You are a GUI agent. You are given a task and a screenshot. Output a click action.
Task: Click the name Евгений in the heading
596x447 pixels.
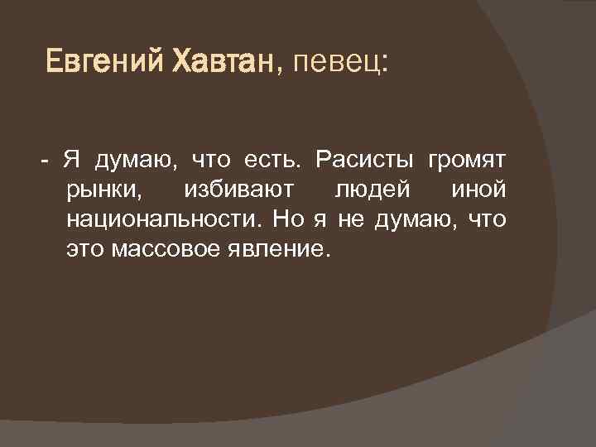104,61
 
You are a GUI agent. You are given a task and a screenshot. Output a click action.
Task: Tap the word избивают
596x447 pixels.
238,190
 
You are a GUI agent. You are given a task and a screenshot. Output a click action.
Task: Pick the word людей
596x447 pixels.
372,190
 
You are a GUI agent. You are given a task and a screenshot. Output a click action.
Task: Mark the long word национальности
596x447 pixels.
161,220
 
